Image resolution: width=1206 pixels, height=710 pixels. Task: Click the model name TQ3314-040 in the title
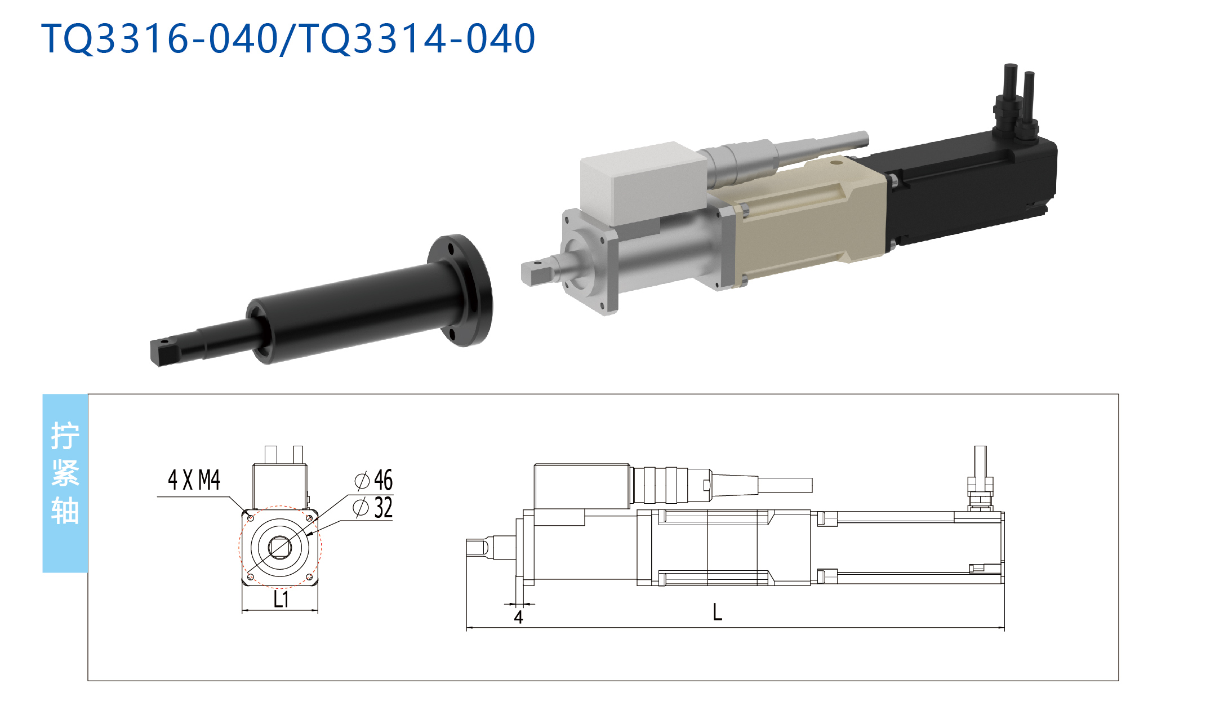[417, 39]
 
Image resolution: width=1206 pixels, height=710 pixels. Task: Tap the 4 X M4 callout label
[194, 480]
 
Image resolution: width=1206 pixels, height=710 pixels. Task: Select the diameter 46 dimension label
[373, 480]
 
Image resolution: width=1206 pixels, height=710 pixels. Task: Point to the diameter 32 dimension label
[372, 508]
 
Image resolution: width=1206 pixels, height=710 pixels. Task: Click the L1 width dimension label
[281, 600]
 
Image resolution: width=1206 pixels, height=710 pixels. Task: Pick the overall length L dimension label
[717, 612]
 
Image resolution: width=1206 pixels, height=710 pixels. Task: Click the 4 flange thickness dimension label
[518, 618]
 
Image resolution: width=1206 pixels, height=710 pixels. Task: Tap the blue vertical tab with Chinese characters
[65, 483]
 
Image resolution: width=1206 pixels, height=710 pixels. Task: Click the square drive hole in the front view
[280, 547]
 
